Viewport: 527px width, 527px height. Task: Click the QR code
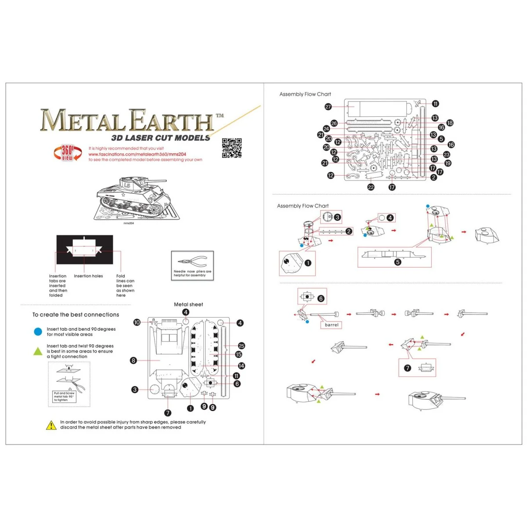(231, 148)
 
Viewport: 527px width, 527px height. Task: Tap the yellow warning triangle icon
(51, 425)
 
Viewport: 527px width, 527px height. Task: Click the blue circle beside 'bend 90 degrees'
(38, 332)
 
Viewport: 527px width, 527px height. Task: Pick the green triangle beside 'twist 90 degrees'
(38, 351)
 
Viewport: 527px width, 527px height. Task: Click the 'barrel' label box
(332, 325)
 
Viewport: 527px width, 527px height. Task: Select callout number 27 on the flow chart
(328, 107)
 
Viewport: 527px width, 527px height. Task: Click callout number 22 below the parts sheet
(371, 187)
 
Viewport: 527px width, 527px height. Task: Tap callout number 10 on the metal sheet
(137, 322)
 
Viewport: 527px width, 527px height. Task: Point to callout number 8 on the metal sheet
(134, 361)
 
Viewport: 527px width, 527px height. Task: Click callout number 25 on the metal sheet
(241, 346)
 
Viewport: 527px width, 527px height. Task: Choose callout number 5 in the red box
(397, 262)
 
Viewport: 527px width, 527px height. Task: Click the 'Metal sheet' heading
(188, 304)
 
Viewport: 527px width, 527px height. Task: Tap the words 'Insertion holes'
(88, 276)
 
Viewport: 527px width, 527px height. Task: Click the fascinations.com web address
(137, 154)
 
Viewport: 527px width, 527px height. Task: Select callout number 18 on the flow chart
(450, 123)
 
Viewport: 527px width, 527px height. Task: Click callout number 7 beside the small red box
(408, 368)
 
